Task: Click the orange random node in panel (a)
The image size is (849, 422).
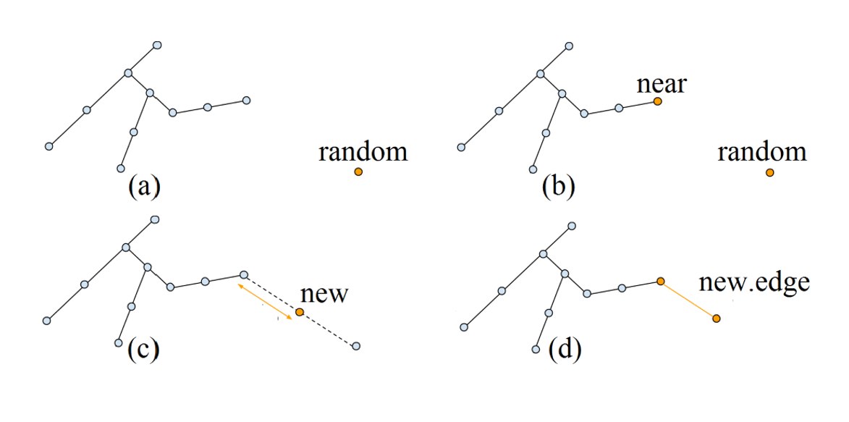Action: [358, 172]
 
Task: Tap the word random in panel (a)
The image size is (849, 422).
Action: [363, 152]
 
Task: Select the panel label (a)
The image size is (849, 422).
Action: [144, 187]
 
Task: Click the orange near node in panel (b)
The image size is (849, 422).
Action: [657, 101]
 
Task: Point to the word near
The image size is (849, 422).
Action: [662, 84]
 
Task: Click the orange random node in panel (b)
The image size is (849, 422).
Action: [769, 172]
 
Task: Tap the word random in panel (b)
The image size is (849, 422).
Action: [761, 152]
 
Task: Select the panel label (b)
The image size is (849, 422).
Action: [558, 187]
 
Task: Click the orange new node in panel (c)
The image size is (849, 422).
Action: [300, 313]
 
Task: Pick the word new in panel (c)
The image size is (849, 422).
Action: [324, 295]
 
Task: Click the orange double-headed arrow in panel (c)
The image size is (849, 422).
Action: [266, 301]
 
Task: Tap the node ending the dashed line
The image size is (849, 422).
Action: [355, 347]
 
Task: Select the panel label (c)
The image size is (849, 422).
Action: [143, 349]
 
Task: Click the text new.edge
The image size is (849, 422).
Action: [754, 283]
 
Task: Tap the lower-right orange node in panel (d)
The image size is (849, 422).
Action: [716, 318]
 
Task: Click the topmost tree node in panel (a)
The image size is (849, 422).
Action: [157, 45]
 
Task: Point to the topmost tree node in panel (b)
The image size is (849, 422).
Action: [569, 46]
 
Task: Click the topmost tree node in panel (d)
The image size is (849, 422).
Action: [572, 227]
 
